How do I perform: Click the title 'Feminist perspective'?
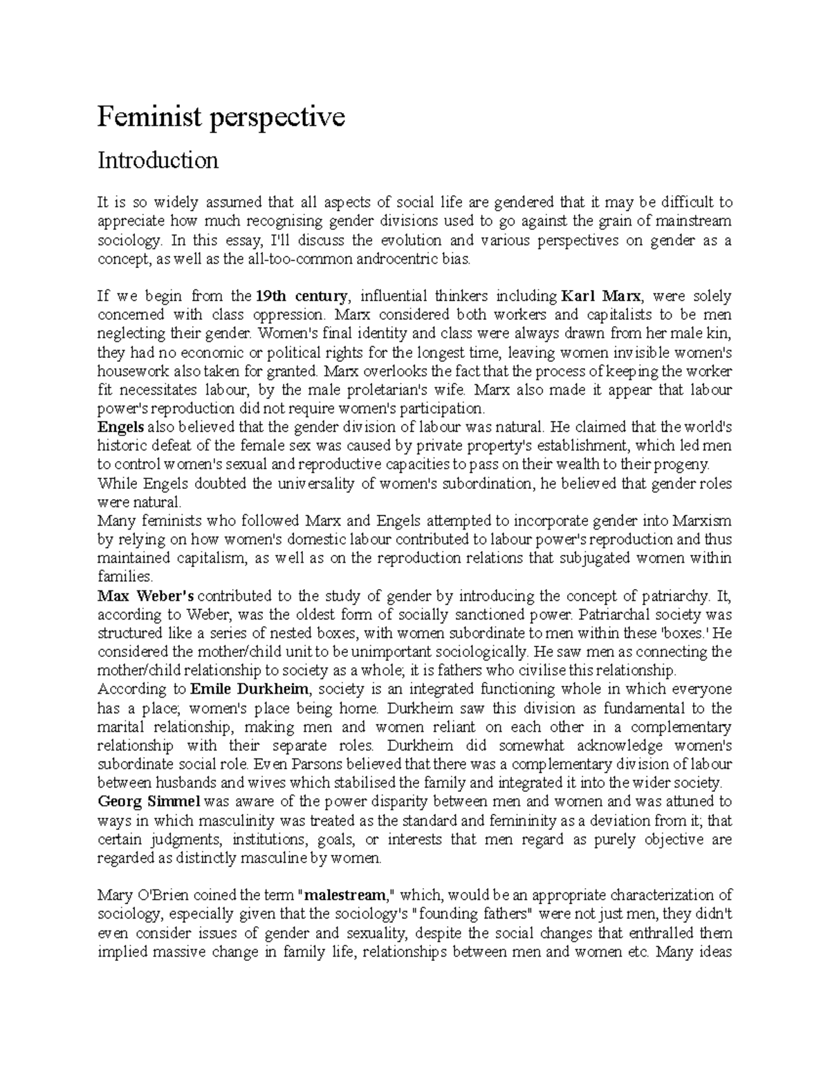pos(220,118)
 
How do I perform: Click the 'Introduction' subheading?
pos(158,161)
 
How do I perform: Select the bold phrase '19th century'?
pos(301,296)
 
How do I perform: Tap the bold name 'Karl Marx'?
pos(601,296)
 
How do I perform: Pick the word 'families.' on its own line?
pos(124,577)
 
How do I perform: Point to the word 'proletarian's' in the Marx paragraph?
pos(377,390)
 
